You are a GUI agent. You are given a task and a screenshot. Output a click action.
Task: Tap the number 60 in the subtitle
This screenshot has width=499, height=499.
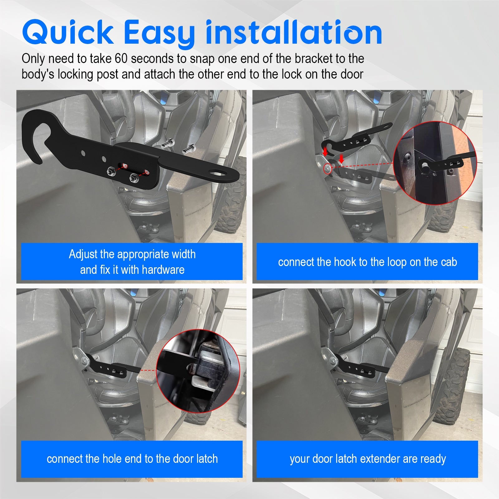tap(121, 59)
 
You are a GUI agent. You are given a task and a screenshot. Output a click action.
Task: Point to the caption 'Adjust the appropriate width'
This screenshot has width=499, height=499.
tap(132, 254)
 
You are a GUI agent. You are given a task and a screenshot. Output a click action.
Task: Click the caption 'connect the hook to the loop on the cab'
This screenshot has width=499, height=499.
tap(367, 262)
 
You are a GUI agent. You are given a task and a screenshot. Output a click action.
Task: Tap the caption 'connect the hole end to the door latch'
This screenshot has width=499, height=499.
tap(132, 459)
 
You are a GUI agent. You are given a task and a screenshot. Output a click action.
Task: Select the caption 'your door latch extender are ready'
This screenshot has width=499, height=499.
tap(367, 459)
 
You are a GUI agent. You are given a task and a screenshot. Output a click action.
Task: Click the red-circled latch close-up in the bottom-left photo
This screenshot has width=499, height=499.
tap(198, 371)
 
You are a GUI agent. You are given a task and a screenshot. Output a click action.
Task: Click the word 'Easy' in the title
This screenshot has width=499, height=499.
tap(159, 33)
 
